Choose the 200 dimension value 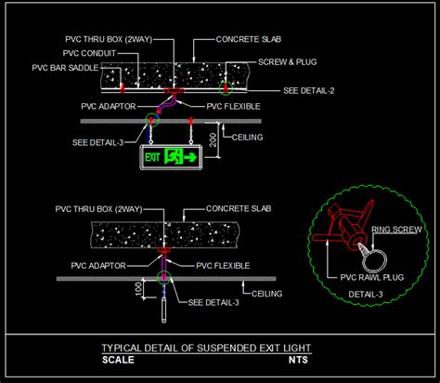pyautogui.click(x=213, y=139)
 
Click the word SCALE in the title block pyautogui.click(x=118, y=359)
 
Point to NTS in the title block pyautogui.click(x=298, y=359)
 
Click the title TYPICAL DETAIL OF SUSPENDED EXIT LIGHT pyautogui.click(x=206, y=348)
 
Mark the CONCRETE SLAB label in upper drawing pyautogui.click(x=247, y=40)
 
